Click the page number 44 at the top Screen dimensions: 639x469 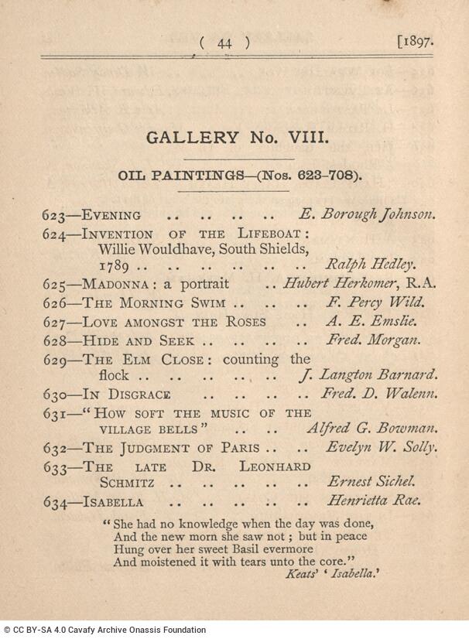[224, 43]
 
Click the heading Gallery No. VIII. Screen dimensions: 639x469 [239, 138]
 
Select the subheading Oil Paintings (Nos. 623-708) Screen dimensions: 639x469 [239, 176]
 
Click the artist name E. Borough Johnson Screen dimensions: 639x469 [368, 215]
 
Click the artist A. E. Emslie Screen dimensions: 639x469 [372, 321]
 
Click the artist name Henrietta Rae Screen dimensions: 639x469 [375, 501]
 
